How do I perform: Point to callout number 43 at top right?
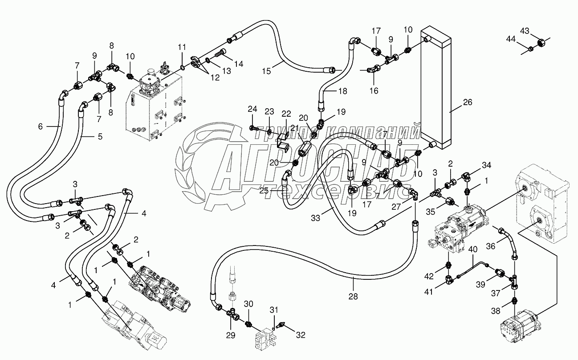pos(525,31)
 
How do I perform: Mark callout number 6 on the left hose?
pos(41,127)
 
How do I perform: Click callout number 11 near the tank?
pos(181,47)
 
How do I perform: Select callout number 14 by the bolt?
pos(239,64)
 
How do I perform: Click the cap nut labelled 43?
pos(541,43)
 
